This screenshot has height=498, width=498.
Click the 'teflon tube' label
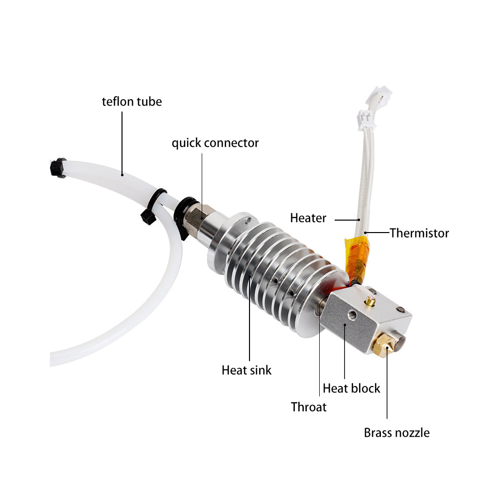coord(132,102)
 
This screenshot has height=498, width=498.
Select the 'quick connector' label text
coord(215,143)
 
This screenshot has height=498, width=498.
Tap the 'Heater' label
coord(308,218)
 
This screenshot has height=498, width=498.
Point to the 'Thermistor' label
coord(419,233)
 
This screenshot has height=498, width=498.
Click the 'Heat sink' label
coord(247,371)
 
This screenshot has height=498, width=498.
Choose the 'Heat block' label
coord(351,388)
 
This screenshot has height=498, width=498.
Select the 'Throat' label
coord(308,407)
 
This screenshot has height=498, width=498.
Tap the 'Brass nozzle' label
coord(397,433)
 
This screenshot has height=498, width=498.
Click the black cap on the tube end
coord(58,168)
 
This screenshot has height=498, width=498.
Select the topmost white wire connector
coord(379,95)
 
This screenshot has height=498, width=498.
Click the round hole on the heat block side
coord(352,314)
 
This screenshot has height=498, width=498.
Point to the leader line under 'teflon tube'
coord(122,143)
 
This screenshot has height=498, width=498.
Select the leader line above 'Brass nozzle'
coord(387,383)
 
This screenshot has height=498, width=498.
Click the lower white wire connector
coord(367,120)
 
